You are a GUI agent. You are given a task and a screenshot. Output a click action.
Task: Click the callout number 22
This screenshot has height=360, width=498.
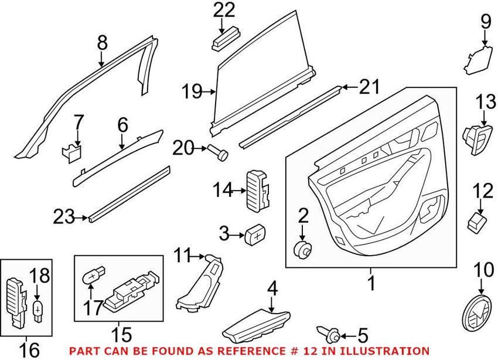(x=223, y=10)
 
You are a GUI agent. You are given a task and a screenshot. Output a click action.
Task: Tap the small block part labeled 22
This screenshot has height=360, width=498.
(x=224, y=39)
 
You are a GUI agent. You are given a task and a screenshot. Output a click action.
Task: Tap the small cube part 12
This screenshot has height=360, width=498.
(x=477, y=222)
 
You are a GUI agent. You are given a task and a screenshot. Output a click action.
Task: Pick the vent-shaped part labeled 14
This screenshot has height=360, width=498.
(x=258, y=188)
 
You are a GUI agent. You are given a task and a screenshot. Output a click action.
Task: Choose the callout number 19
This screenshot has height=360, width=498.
(x=190, y=91)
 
